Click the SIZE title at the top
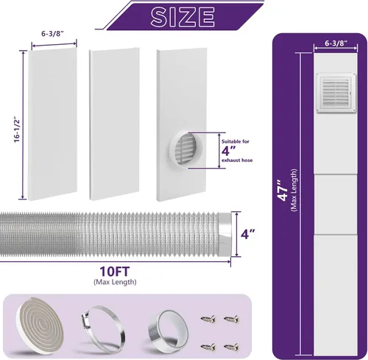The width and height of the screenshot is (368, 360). tap(183, 17)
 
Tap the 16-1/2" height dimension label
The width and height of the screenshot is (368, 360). tap(17, 130)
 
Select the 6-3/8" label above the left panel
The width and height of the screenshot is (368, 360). tap(52, 34)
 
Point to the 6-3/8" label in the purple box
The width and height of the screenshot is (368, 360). tap(336, 43)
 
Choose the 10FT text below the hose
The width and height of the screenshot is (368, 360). tap(114, 272)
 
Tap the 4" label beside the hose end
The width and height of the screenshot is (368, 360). tap(247, 234)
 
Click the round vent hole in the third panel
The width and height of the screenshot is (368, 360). tap(185, 149)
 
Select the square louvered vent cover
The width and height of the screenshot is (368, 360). tap(336, 93)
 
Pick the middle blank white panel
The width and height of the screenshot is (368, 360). tap(114, 124)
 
